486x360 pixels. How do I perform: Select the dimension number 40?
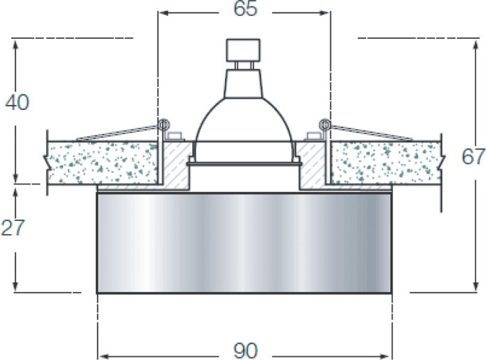click(17, 102)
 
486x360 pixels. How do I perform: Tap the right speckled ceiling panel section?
click(385, 161)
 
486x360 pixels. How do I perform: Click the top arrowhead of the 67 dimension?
click(476, 43)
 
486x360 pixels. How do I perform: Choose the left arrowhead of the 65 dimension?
click(162, 13)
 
